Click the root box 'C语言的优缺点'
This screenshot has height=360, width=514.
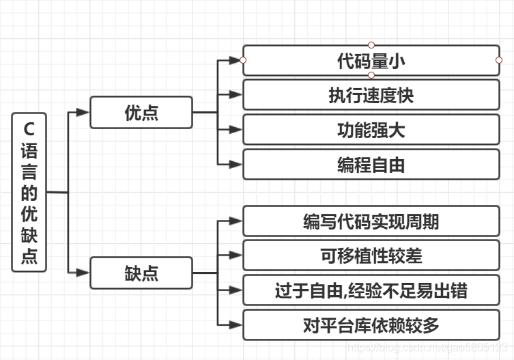click(29, 192)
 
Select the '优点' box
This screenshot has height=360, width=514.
click(141, 113)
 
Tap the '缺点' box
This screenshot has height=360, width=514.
click(141, 273)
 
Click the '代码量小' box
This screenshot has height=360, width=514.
click(371, 60)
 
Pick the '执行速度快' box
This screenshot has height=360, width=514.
click(371, 95)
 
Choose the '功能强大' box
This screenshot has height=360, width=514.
click(371, 130)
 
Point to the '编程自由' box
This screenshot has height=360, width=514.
click(371, 165)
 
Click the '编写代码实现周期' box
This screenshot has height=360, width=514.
click(371, 221)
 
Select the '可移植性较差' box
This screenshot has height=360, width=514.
click(371, 256)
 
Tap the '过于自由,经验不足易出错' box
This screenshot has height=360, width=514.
click(371, 291)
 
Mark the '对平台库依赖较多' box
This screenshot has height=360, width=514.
click(371, 326)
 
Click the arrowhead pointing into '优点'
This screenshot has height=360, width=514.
click(83, 113)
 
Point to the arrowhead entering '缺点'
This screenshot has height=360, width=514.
click(83, 273)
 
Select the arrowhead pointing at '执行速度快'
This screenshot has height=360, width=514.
click(235, 95)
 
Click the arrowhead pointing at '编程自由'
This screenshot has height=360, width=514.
click(235, 165)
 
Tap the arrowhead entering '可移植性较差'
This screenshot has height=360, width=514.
click(235, 256)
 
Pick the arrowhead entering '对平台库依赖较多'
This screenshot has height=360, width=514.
click(235, 326)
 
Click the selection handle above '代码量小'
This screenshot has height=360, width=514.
click(371, 45)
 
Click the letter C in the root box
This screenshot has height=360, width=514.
click(29, 127)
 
